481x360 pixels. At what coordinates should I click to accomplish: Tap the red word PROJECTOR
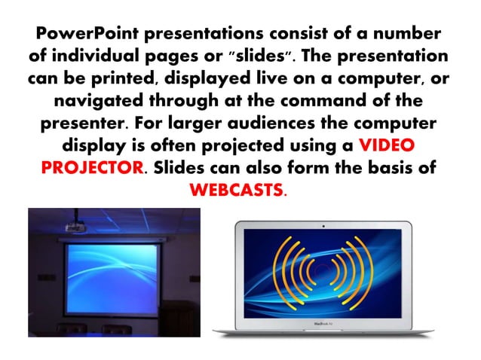pyautogui.click(x=91, y=167)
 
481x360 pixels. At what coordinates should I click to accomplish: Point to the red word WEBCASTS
pyautogui.click(x=237, y=189)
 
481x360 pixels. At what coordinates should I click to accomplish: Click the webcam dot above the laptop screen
pyautogui.click(x=323, y=224)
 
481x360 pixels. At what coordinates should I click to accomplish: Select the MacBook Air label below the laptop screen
pyautogui.click(x=323, y=325)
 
